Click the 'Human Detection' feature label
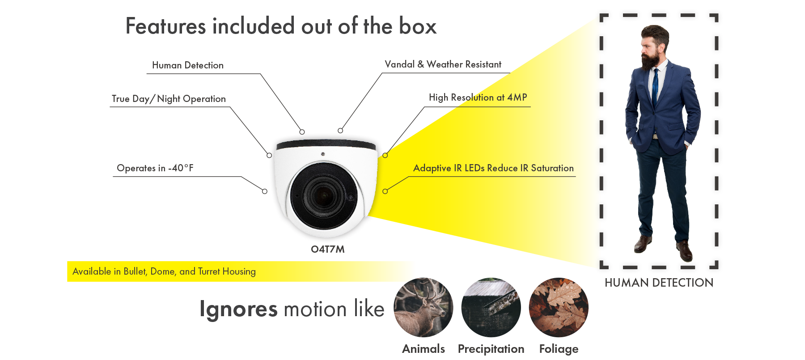187,65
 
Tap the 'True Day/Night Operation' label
169,99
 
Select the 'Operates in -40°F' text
155,168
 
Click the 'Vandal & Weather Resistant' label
443,64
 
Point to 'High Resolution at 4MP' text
478,97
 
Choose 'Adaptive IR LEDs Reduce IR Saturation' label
493,168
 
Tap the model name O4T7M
328,250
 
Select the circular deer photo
423,308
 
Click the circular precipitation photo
491,308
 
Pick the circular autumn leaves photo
559,308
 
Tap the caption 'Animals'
423,349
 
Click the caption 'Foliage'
559,349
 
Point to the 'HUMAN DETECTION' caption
659,283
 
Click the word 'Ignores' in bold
238,309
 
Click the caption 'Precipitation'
491,349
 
